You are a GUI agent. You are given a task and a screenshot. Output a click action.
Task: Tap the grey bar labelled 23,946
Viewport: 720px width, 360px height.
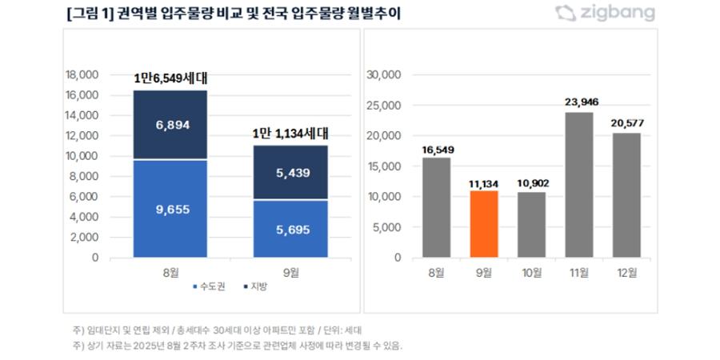click(580, 185)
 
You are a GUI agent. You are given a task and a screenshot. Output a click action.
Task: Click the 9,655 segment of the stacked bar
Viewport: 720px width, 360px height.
click(170, 209)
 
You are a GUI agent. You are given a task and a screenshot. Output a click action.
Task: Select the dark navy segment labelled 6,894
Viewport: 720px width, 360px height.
click(170, 126)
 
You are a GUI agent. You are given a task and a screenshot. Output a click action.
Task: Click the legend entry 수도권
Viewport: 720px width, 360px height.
click(210, 286)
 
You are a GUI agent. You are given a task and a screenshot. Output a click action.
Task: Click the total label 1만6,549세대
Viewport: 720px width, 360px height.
click(171, 78)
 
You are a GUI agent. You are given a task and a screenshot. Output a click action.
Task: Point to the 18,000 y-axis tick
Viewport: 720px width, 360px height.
click(80, 74)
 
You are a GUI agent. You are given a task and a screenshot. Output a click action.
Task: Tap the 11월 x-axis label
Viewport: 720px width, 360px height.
click(580, 272)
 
